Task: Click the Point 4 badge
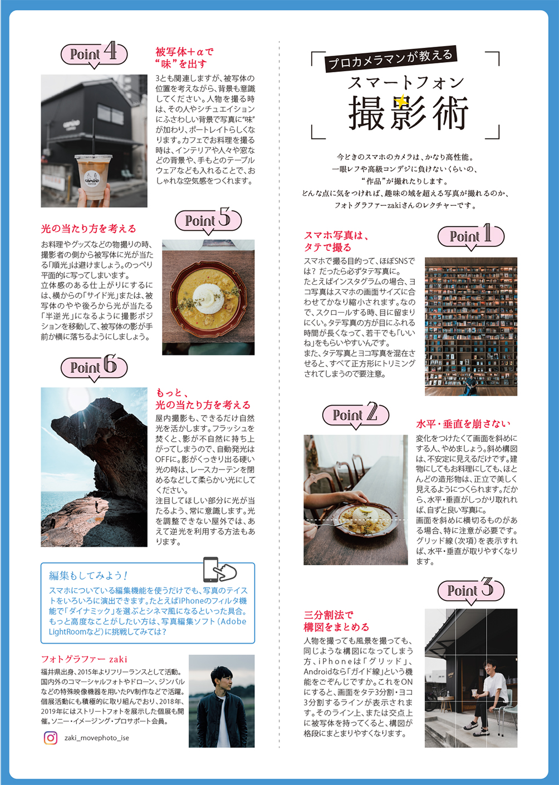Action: tap(94, 55)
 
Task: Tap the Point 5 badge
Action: tap(208, 221)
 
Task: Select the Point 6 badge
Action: tap(94, 368)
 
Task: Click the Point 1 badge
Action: tap(471, 237)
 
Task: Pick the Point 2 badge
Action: tap(356, 415)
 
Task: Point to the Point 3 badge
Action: tap(471, 591)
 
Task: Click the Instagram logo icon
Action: tap(51, 738)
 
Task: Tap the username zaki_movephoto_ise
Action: tap(97, 738)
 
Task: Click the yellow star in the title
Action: tap(400, 101)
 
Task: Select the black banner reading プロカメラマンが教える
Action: tap(391, 59)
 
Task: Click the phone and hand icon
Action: tap(220, 570)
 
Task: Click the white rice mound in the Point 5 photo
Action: tap(208, 298)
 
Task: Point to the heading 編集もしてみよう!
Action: tap(88, 575)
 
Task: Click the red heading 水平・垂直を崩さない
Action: tap(463, 424)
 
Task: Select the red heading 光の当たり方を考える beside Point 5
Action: tap(89, 229)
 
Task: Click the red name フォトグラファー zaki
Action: tap(84, 659)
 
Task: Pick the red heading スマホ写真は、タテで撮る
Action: tap(336, 241)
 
